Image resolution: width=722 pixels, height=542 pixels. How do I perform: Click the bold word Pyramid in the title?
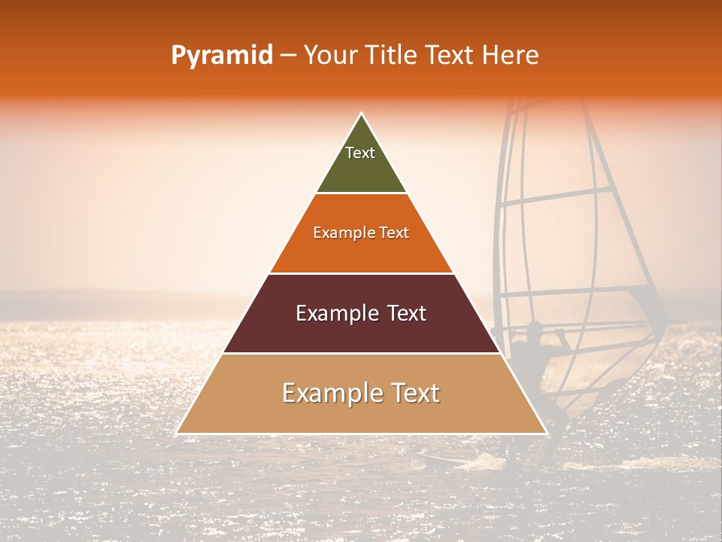(221, 56)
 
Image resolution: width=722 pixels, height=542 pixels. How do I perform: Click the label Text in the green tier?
(360, 153)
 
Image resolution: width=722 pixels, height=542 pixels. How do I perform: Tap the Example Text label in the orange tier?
(361, 233)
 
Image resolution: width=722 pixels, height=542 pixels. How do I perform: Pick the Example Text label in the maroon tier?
(361, 313)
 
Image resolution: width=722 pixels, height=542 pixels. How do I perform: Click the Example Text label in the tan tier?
(361, 393)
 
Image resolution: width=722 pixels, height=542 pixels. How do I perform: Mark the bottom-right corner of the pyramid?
(546, 433)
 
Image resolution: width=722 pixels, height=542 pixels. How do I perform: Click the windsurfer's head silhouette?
(533, 329)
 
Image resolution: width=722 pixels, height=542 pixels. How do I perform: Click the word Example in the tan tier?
(327, 394)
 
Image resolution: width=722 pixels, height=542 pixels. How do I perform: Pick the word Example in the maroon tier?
(334, 314)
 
